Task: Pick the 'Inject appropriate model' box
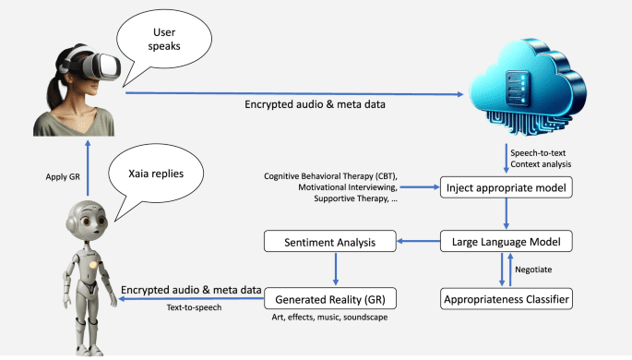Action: (x=506, y=187)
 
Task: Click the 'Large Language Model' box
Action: (x=506, y=243)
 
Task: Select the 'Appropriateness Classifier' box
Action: (x=506, y=298)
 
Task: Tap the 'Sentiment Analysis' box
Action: (x=329, y=243)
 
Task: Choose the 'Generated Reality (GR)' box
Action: (x=329, y=298)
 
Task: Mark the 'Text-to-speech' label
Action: (x=194, y=307)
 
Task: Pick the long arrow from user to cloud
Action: (x=295, y=92)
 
